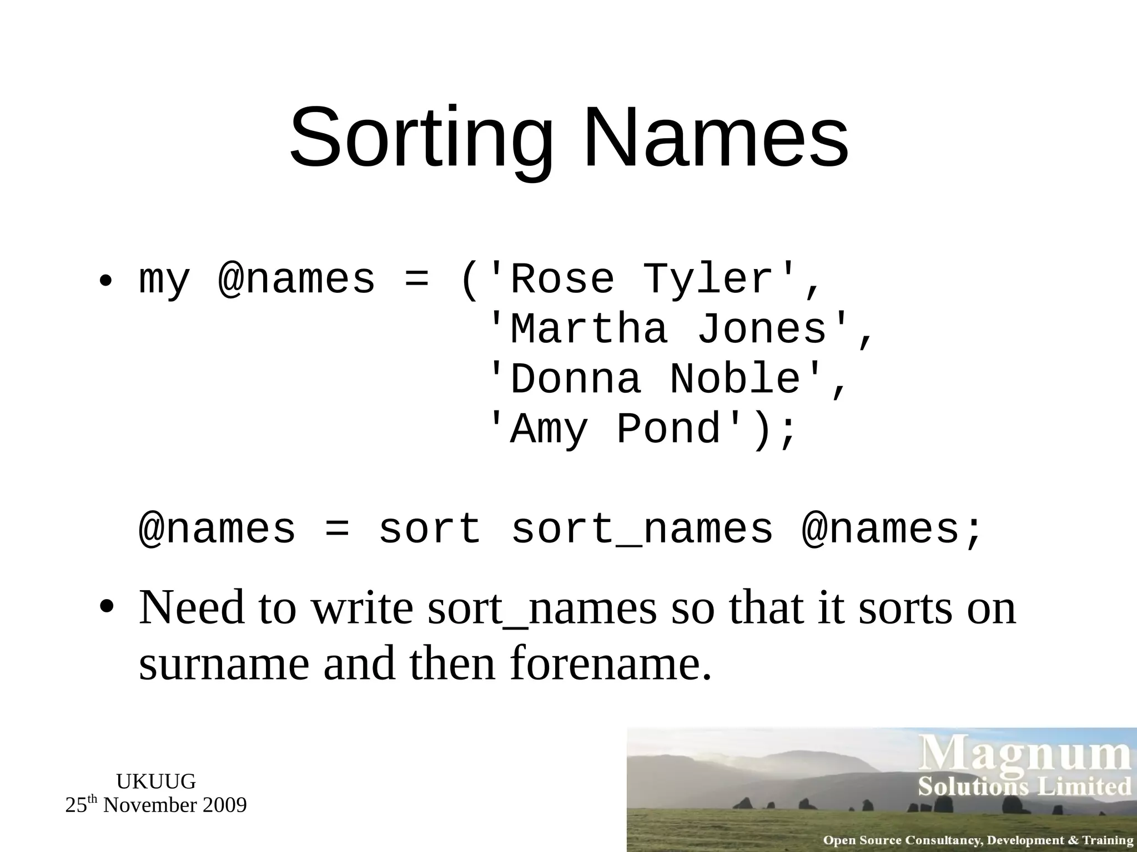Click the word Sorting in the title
(x=421, y=139)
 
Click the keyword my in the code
(x=164, y=281)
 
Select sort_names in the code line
(x=642, y=530)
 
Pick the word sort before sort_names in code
(x=430, y=530)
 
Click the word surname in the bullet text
(x=224, y=664)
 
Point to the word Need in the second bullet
(x=192, y=607)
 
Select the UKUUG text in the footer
(x=156, y=782)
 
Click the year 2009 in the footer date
(x=224, y=805)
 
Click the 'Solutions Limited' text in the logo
(x=1024, y=787)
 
